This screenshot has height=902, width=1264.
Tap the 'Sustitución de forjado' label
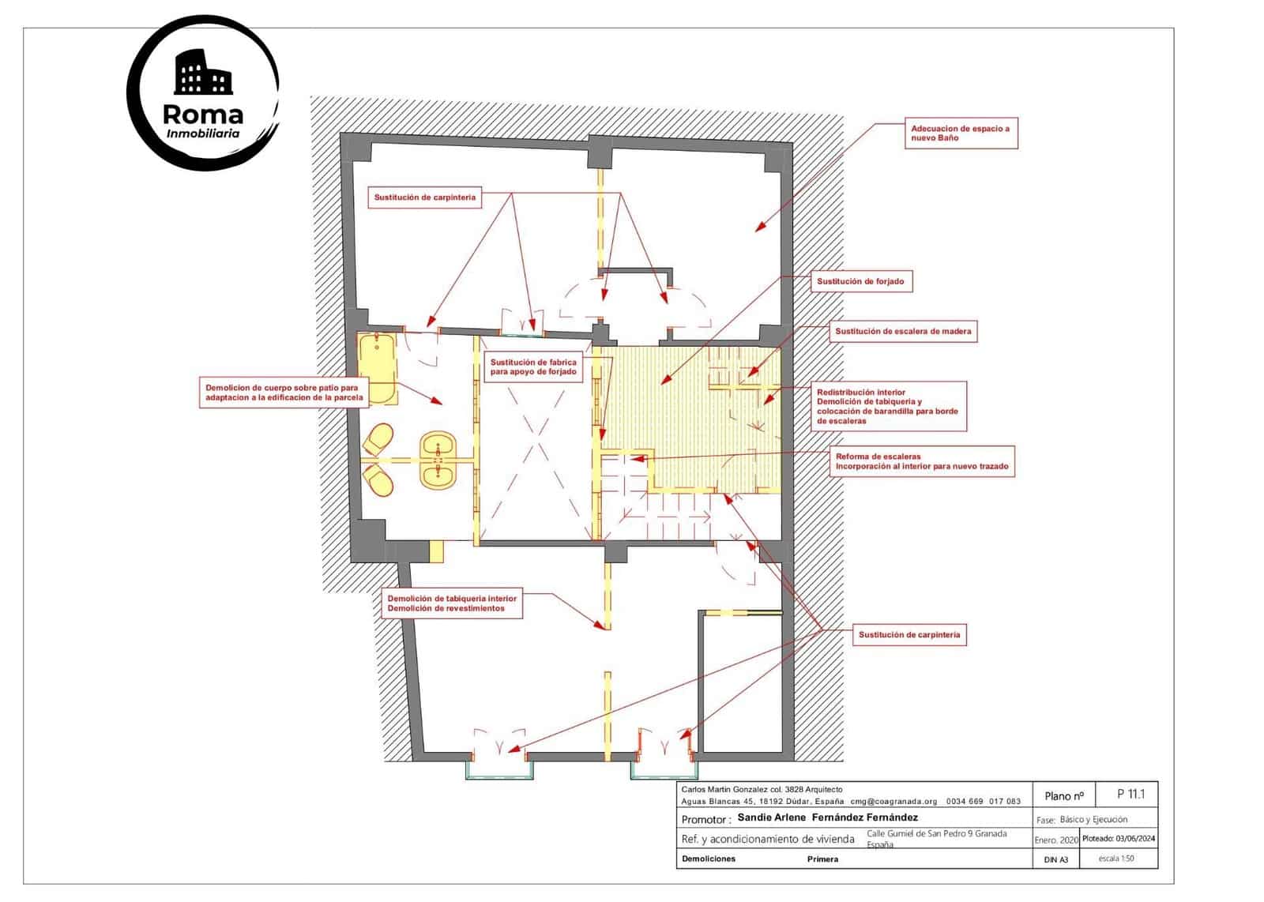(860, 281)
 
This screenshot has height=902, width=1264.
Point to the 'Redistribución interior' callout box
(888, 406)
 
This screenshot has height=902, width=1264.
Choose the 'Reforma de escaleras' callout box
(922, 461)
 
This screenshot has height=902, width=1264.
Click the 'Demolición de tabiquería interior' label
(452, 603)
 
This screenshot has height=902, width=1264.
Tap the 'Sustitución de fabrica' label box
(533, 366)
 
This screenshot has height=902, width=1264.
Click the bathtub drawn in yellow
(378, 369)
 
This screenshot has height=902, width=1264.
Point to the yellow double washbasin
(437, 459)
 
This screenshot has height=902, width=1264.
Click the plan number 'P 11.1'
(1130, 794)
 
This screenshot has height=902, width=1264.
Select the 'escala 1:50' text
(1116, 858)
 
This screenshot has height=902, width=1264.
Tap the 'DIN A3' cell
(1055, 859)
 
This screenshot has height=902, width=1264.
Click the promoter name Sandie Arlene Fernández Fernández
(827, 817)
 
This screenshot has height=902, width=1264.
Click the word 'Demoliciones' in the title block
(708, 859)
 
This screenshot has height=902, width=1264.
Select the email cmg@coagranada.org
(893, 801)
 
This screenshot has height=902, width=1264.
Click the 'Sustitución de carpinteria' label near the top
(425, 197)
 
